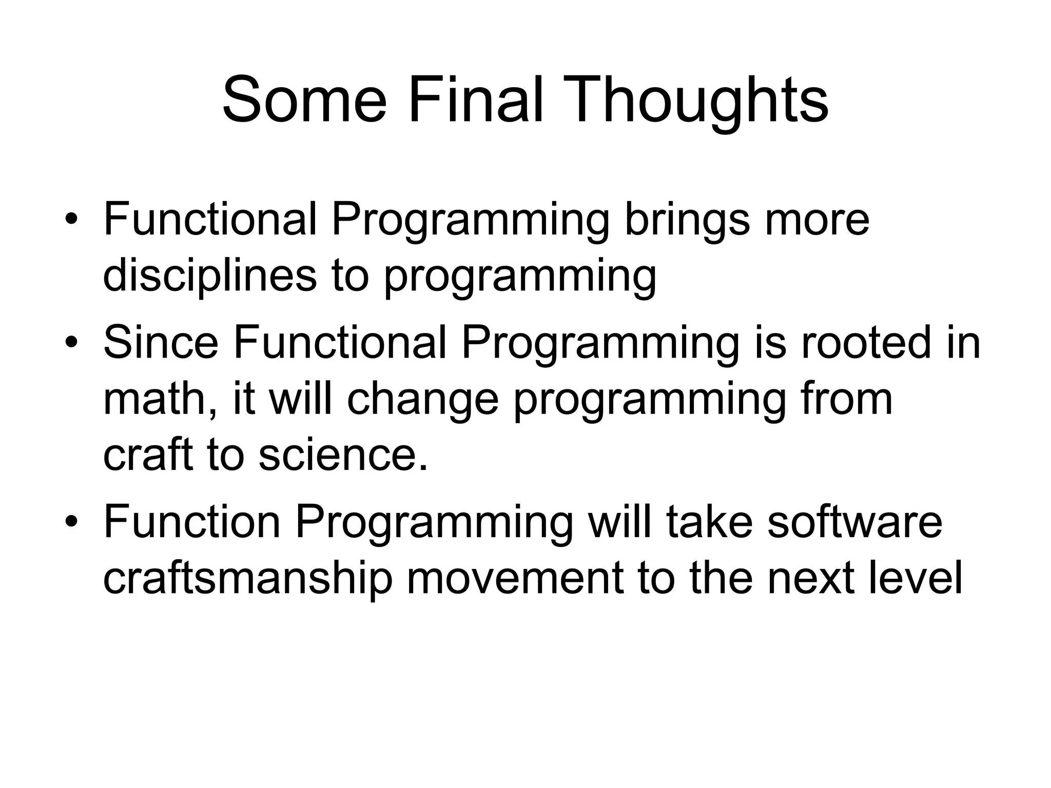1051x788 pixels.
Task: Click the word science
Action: [342, 456]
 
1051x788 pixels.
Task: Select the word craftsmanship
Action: [247, 579]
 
